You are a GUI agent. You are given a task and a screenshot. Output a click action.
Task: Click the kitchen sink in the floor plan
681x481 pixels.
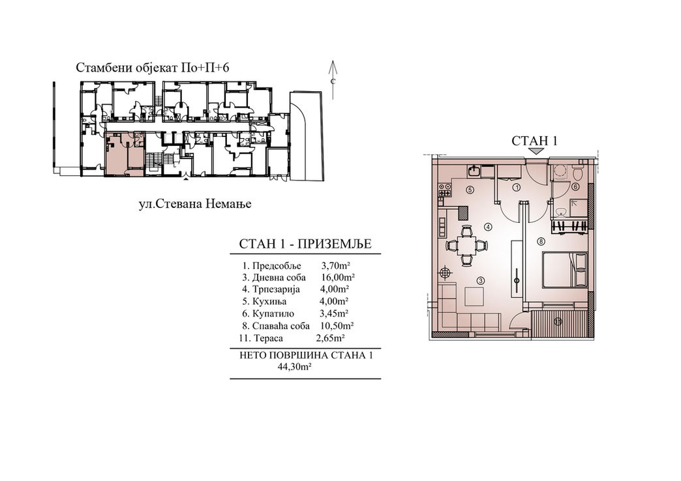(x=474, y=171)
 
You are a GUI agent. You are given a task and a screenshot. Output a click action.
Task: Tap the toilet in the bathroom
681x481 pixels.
(x=578, y=173)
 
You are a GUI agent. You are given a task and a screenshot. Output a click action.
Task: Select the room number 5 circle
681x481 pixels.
(x=468, y=189)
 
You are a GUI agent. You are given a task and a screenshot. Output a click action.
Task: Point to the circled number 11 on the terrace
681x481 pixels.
(x=558, y=322)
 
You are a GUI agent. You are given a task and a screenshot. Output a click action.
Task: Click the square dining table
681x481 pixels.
(x=467, y=245)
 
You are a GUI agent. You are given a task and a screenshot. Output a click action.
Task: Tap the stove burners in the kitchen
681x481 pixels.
(x=445, y=189)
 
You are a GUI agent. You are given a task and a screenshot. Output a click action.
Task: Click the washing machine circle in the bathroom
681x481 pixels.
(x=560, y=173)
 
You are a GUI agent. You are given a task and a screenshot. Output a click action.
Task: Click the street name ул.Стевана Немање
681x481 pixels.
(x=195, y=203)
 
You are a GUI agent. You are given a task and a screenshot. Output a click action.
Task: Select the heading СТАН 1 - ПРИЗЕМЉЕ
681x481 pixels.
(x=305, y=244)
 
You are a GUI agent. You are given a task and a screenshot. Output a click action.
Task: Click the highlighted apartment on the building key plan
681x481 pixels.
(x=125, y=154)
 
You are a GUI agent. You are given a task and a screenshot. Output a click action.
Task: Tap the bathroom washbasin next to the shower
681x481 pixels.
(x=561, y=212)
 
